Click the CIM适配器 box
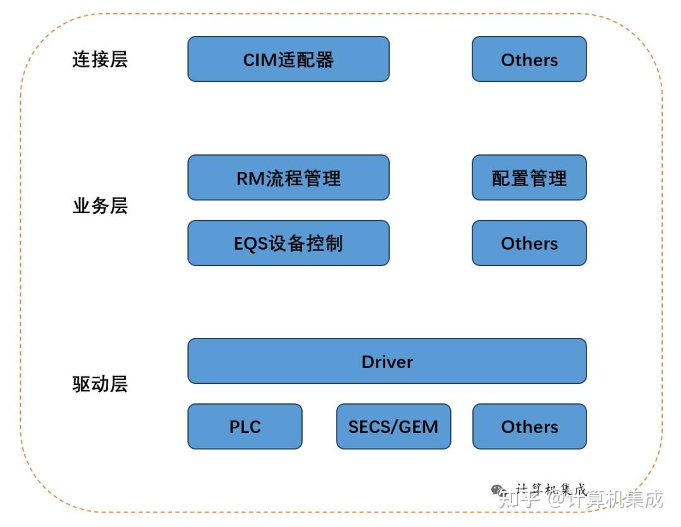(288, 59)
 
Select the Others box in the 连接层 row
(529, 59)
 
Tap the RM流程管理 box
(288, 178)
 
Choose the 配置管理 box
(529, 178)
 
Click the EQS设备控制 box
(288, 243)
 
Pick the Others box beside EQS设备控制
(529, 243)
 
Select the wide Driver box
(387, 361)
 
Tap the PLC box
(245, 427)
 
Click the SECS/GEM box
(393, 427)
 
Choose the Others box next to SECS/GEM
(529, 427)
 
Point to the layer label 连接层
(100, 60)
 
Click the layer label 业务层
(100, 206)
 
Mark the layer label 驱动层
(100, 384)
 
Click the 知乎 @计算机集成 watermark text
(580, 501)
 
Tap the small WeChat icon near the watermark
(498, 490)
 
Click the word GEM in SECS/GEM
(420, 427)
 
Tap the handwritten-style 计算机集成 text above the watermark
(551, 489)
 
